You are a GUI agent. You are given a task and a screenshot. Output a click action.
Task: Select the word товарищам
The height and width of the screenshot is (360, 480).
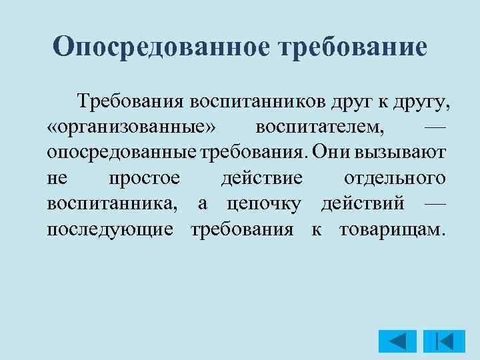(390, 229)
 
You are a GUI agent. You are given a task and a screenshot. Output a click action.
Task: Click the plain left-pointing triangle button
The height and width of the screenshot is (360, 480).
(397, 341)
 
